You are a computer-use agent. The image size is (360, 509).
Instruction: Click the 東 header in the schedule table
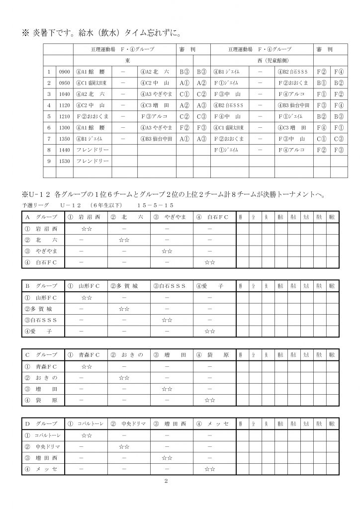pos(126,60)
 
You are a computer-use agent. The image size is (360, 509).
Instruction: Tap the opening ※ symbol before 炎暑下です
pos(26,34)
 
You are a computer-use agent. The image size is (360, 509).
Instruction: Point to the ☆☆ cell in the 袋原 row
pos(210,400)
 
